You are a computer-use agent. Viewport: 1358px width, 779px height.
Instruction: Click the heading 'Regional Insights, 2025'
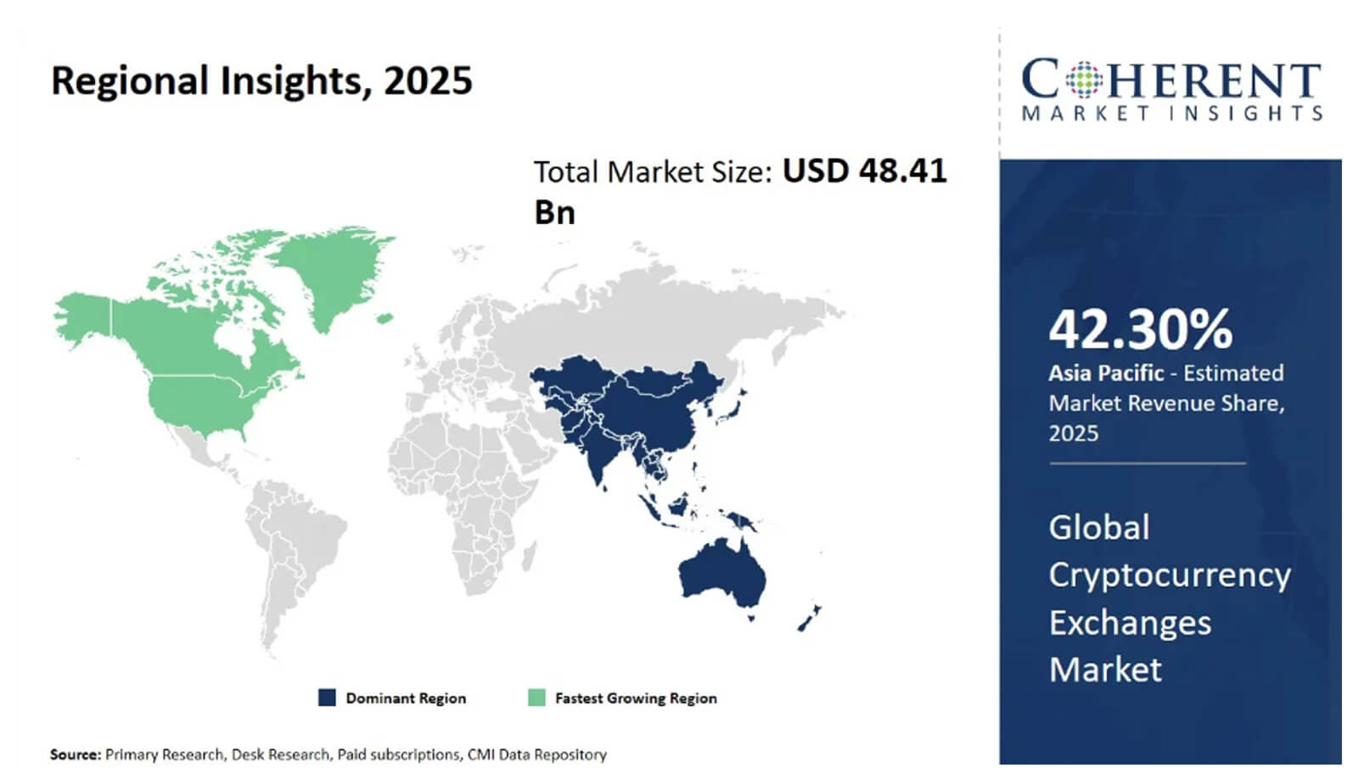pyautogui.click(x=261, y=81)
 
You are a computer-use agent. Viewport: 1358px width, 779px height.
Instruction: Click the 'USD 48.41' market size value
pyautogui.click(x=864, y=171)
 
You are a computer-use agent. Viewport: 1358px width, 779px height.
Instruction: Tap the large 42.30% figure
pyautogui.click(x=1140, y=329)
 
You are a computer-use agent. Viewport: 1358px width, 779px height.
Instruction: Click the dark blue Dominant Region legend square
pyautogui.click(x=327, y=698)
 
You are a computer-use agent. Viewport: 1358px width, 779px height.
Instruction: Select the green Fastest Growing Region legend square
pyautogui.click(x=536, y=698)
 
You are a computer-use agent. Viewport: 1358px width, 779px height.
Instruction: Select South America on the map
pyautogui.click(x=293, y=543)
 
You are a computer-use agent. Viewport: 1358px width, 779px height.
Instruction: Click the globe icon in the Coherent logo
pyautogui.click(x=1082, y=81)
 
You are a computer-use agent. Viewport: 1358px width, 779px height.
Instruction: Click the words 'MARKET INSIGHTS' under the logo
pyautogui.click(x=1171, y=113)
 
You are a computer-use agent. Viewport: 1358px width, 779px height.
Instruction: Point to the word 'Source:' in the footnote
pyautogui.click(x=75, y=754)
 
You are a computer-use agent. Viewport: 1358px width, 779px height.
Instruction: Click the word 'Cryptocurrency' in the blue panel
pyautogui.click(x=1170, y=575)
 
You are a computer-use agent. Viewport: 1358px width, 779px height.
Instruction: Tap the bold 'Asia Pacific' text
pyautogui.click(x=1106, y=373)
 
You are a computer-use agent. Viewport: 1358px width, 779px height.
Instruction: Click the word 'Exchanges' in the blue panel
pyautogui.click(x=1130, y=623)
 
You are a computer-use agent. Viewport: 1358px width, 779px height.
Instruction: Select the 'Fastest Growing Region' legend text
pyautogui.click(x=636, y=698)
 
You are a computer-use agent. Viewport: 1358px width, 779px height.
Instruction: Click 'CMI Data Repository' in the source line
pyautogui.click(x=536, y=754)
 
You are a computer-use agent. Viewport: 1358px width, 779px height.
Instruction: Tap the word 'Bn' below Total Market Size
pyautogui.click(x=554, y=212)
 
